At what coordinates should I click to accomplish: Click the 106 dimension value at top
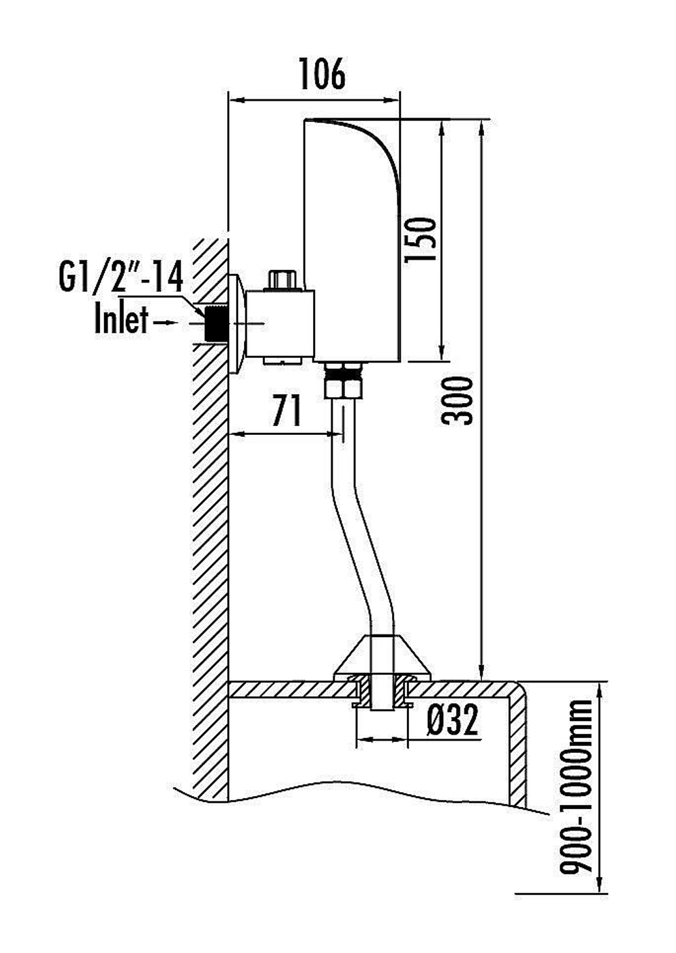[322, 74]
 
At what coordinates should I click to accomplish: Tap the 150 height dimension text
[420, 240]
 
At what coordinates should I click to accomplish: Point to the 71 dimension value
[287, 410]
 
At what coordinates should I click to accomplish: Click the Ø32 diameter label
[452, 719]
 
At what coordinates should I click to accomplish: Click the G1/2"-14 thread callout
[121, 277]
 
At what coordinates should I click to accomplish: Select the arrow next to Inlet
[166, 323]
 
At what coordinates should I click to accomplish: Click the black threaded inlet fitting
[215, 323]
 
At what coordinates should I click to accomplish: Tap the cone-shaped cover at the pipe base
[382, 657]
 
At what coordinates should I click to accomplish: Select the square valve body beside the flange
[281, 324]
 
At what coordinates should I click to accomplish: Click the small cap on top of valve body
[283, 280]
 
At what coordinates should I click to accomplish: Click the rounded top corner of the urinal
[516, 689]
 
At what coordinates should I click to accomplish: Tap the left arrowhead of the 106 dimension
[237, 101]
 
